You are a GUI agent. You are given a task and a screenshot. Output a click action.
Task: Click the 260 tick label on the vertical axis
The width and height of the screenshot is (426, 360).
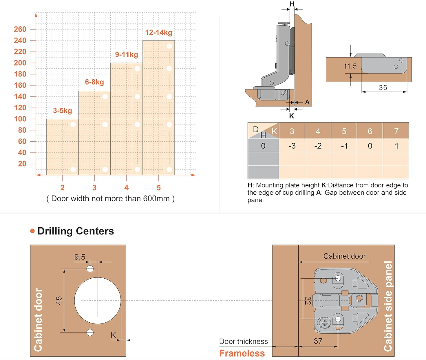[x=20, y=29]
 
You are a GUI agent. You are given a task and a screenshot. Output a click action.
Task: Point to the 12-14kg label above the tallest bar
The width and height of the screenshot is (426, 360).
[x=158, y=32]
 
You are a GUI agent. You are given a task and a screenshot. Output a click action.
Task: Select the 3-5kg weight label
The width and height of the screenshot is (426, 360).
[x=62, y=111]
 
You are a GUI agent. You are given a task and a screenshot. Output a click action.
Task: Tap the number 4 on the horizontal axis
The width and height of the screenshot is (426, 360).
[x=126, y=188]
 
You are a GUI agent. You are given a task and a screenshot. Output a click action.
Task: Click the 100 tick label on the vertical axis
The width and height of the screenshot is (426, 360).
[x=20, y=119]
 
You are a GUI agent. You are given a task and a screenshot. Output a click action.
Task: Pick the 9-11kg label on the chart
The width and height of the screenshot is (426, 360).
[x=126, y=54]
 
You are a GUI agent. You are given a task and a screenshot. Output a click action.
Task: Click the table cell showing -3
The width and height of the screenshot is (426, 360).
[x=292, y=146]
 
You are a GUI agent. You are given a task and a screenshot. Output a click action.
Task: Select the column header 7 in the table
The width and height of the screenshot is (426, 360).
[x=396, y=131]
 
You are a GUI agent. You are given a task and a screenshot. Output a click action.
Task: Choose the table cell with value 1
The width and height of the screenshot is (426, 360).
[x=396, y=146]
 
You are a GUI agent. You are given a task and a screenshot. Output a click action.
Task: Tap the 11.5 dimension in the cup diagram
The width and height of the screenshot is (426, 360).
[x=350, y=66]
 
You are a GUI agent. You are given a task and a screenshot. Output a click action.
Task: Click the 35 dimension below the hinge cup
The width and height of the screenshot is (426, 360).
[x=383, y=88]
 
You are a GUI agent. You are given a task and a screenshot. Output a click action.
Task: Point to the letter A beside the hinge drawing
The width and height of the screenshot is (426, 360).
[x=307, y=102]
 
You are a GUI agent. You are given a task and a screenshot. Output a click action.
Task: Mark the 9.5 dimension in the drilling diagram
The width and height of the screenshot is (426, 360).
[x=80, y=257]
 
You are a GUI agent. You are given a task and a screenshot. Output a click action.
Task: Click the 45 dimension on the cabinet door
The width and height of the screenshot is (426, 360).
[x=59, y=300]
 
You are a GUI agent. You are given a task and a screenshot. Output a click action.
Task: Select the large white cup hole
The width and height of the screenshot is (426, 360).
[x=98, y=301]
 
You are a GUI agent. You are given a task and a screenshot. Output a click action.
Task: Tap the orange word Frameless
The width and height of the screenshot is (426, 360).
[x=242, y=353]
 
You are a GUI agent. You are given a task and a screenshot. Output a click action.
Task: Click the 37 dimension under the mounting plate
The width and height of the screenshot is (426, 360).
[x=318, y=341]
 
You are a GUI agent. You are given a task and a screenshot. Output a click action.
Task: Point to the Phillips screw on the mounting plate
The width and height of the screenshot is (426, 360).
[x=325, y=323]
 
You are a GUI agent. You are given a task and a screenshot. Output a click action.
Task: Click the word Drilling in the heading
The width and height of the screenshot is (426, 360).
[x=55, y=231]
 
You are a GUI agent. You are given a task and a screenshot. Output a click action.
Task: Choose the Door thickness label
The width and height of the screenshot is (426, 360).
[x=243, y=341]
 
